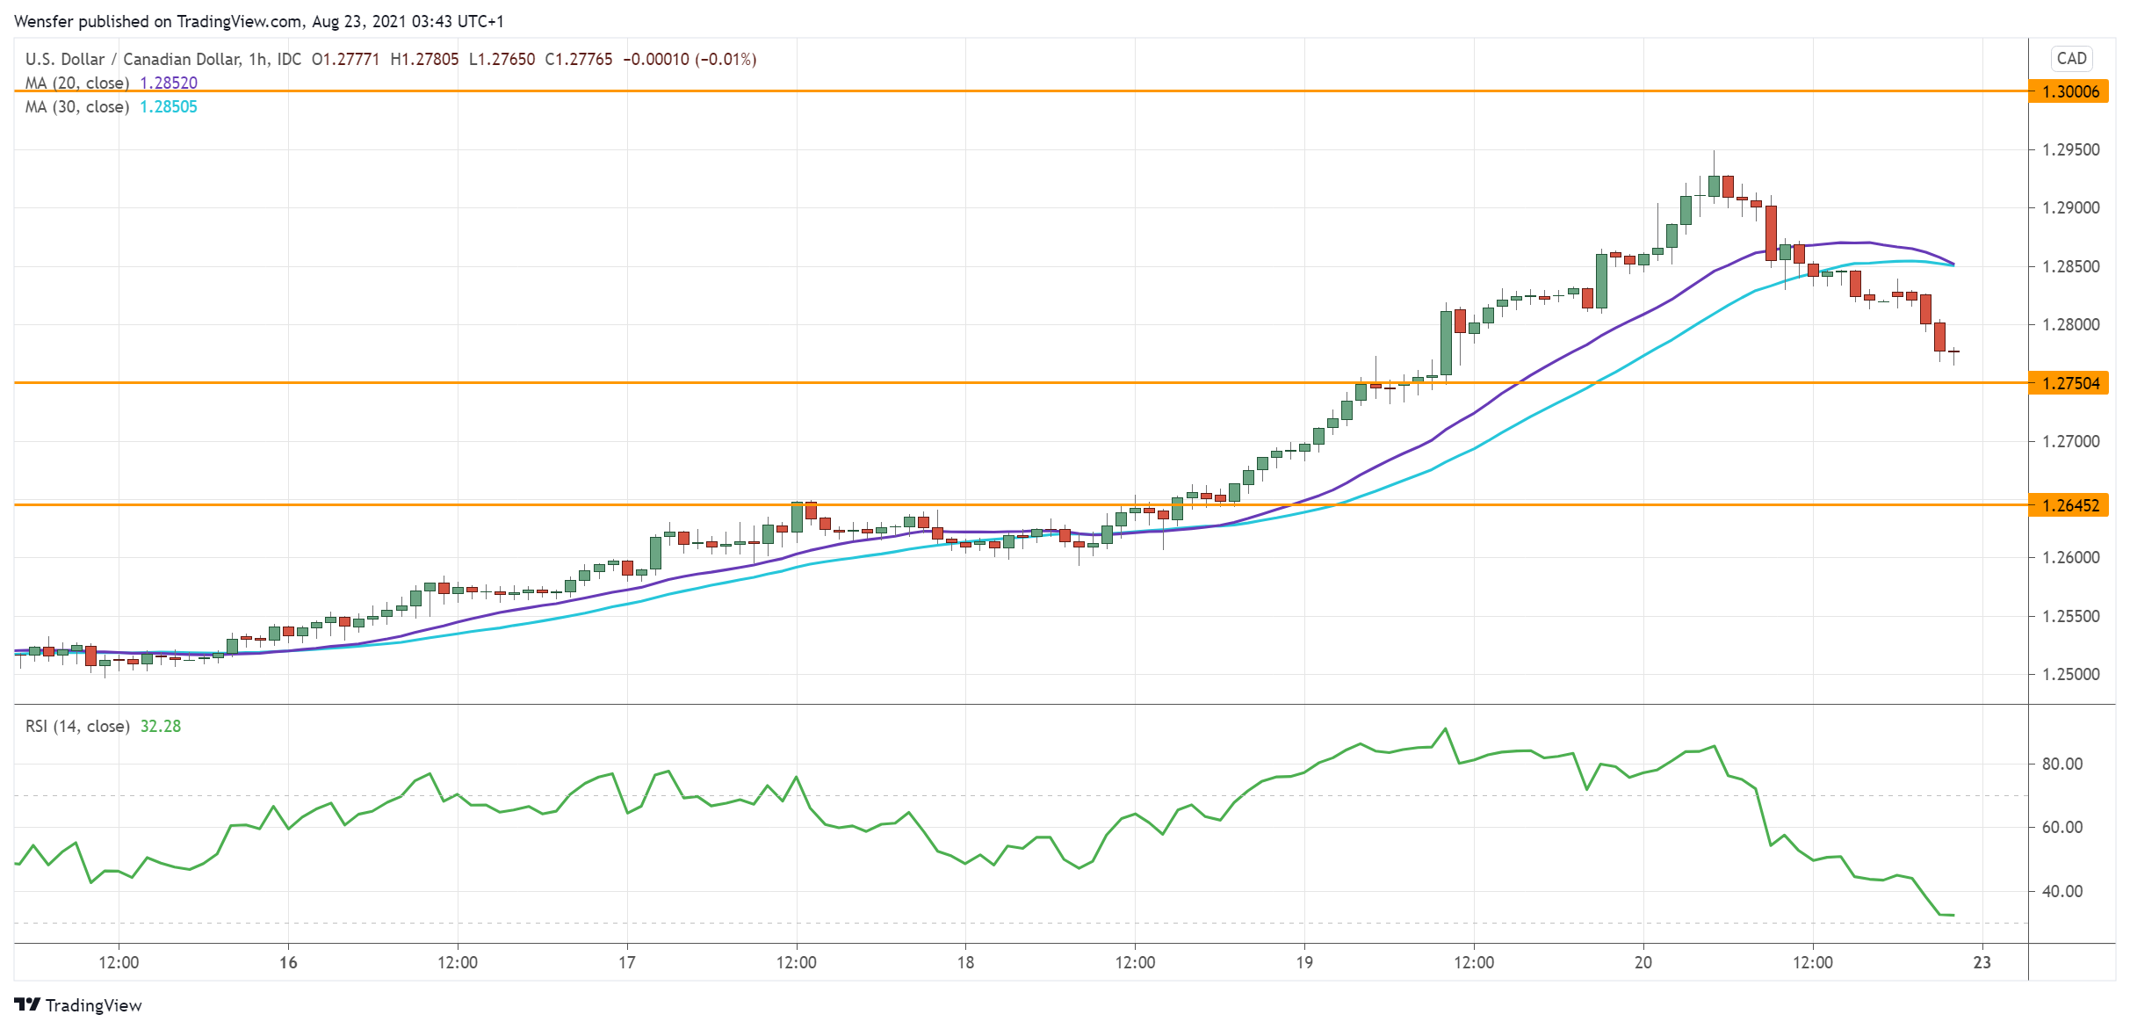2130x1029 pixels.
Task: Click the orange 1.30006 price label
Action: pyautogui.click(x=2069, y=91)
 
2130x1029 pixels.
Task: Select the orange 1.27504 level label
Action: pyautogui.click(x=2069, y=383)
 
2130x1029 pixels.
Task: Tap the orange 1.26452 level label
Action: pyautogui.click(x=2069, y=505)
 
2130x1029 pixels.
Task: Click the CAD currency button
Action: pyautogui.click(x=2071, y=59)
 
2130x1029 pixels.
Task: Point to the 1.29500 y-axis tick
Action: pyautogui.click(x=2070, y=150)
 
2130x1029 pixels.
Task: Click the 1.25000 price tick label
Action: pyautogui.click(x=2070, y=675)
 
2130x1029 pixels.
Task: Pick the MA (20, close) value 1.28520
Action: pyautogui.click(x=169, y=83)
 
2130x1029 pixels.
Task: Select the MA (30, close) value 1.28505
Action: pyautogui.click(x=169, y=107)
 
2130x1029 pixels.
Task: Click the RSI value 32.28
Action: pyautogui.click(x=161, y=727)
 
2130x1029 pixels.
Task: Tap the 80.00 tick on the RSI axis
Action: pyautogui.click(x=2061, y=765)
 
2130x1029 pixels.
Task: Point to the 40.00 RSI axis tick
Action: pyautogui.click(x=2061, y=892)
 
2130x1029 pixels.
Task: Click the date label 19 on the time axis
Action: pyautogui.click(x=1304, y=963)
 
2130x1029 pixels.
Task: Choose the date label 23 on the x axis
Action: pyautogui.click(x=1982, y=963)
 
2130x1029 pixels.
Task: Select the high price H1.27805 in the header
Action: pyautogui.click(x=424, y=60)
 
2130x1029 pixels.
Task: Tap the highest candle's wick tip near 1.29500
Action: pyautogui.click(x=1714, y=152)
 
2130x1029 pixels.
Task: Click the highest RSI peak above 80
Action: pyautogui.click(x=1445, y=729)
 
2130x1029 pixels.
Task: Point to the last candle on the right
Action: pyautogui.click(x=1953, y=352)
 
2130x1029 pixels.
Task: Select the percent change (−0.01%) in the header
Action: pyautogui.click(x=726, y=60)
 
